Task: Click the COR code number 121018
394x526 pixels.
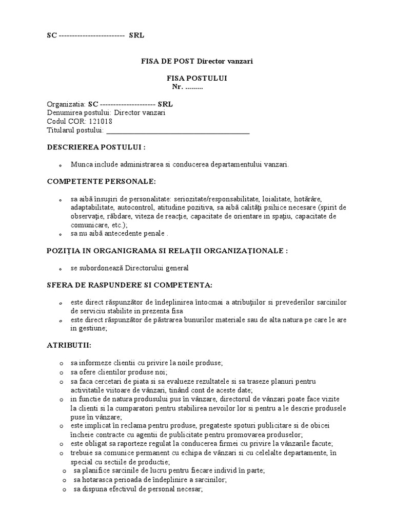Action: (x=101, y=122)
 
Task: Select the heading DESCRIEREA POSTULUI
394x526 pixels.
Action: (x=96, y=147)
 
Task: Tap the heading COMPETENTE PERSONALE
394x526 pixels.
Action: (x=101, y=181)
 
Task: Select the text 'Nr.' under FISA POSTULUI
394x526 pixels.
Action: (x=178, y=87)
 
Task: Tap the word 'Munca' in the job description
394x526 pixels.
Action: (x=82, y=165)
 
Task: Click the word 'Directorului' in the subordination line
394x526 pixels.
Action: (x=140, y=268)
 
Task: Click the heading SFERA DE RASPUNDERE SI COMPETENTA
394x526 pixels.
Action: (x=130, y=285)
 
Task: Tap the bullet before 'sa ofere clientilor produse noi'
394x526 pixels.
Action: (x=61, y=372)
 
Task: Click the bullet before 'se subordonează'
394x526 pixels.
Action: (x=61, y=269)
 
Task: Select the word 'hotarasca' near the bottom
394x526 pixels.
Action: (x=97, y=479)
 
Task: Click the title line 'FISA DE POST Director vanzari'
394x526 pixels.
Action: (x=198, y=61)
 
